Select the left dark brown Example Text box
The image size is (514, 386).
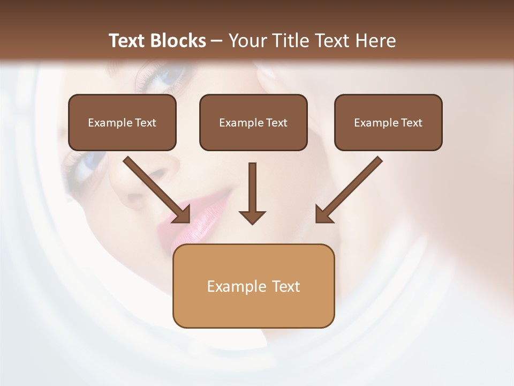coord(122,123)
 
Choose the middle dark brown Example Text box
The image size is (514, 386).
coord(253,123)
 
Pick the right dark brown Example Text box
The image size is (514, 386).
coord(388,123)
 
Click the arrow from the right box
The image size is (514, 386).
coord(351,188)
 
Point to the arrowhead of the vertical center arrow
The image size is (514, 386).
coord(252,217)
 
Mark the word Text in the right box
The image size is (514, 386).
coord(411,123)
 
